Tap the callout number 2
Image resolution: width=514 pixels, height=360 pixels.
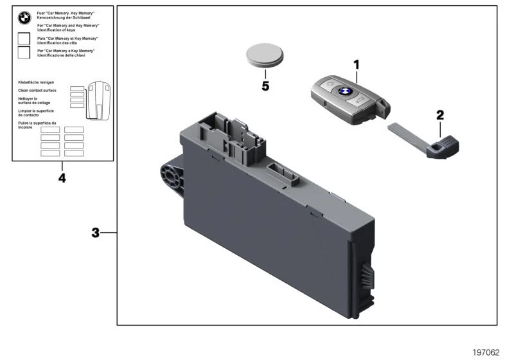(x=440, y=115)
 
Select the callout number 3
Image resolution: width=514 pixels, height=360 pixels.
(x=95, y=233)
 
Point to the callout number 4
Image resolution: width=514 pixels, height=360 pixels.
(x=62, y=177)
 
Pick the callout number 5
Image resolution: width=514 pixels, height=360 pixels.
(x=265, y=85)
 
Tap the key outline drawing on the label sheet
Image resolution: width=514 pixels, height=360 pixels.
(x=98, y=100)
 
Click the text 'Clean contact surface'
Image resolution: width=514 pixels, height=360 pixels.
(x=37, y=91)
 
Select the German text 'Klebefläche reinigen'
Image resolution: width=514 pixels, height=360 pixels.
(x=36, y=82)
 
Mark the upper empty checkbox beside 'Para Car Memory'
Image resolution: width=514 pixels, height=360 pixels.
(x=24, y=39)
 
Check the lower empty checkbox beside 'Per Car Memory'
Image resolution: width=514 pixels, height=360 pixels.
(x=24, y=53)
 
